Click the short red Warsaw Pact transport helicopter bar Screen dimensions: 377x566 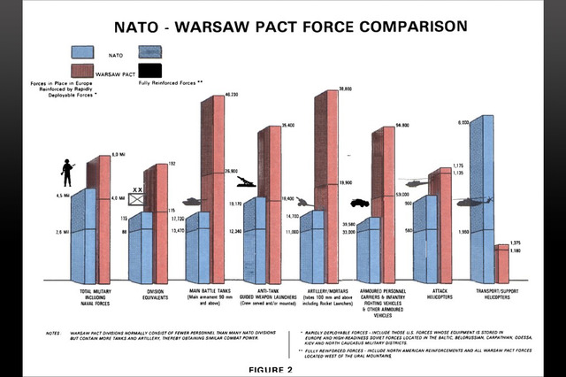click(501, 262)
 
